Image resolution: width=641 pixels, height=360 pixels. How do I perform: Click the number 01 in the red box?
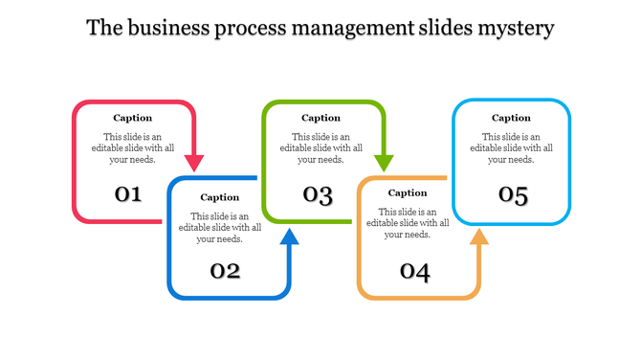(x=129, y=194)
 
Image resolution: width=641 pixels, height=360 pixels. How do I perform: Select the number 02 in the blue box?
(x=225, y=271)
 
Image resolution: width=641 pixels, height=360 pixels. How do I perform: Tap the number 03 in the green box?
(x=318, y=195)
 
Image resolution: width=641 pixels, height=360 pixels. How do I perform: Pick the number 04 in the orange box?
(x=414, y=272)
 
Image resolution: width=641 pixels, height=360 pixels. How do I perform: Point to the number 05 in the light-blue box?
(x=513, y=195)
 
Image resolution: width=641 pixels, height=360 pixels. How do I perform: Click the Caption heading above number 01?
(x=132, y=118)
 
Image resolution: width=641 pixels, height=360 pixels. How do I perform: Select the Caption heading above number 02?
(x=220, y=197)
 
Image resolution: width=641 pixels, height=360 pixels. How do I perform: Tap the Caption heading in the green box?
(x=321, y=118)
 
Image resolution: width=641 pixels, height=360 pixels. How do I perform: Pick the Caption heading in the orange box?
(x=408, y=192)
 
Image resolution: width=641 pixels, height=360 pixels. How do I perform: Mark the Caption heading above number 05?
(x=511, y=118)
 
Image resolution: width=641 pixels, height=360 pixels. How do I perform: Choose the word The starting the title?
(x=102, y=28)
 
